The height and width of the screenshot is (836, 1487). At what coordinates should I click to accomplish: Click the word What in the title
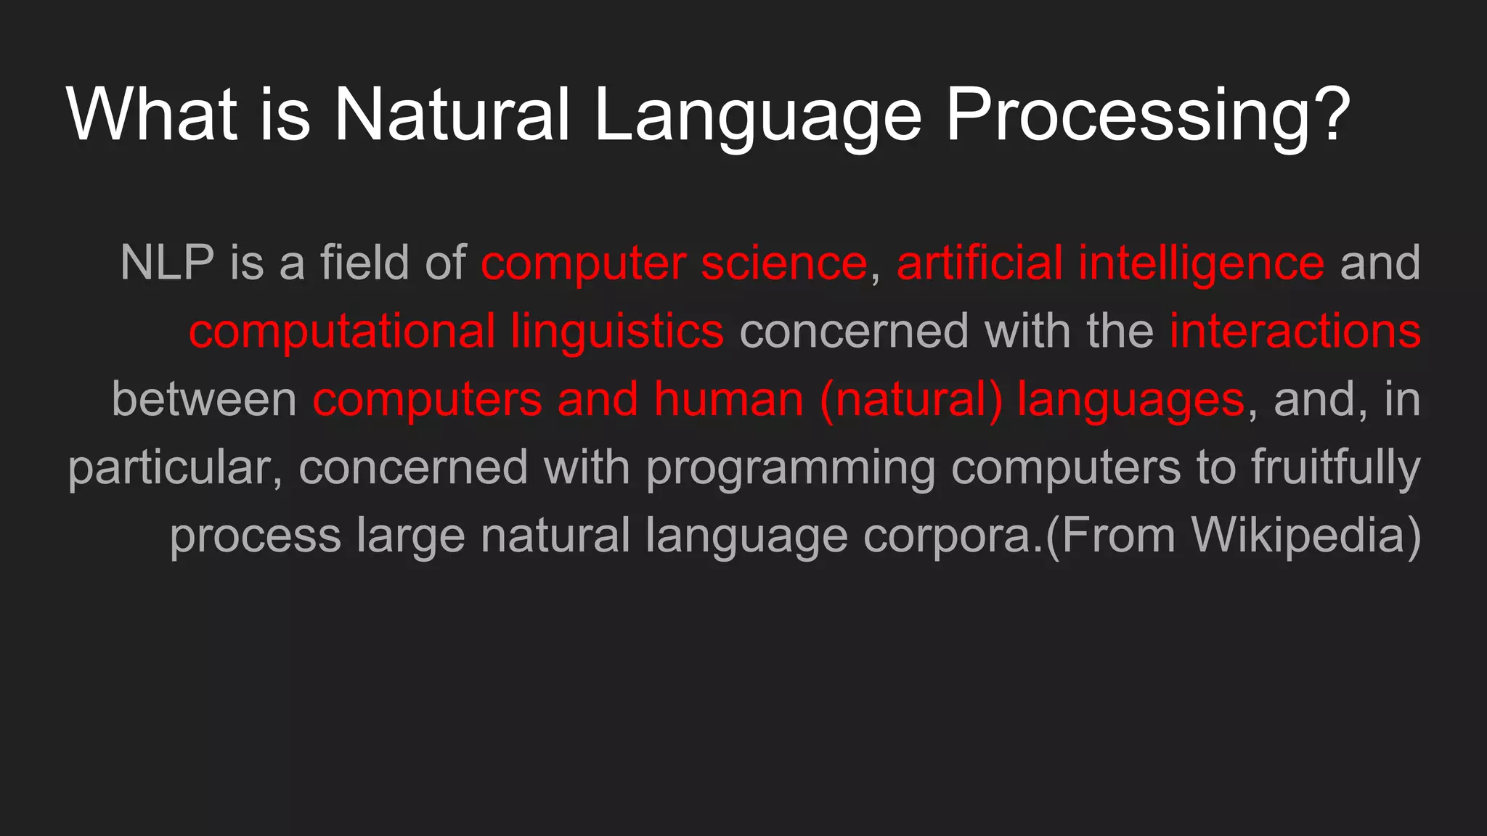[152, 114]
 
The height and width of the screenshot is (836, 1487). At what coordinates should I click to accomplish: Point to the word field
[364, 263]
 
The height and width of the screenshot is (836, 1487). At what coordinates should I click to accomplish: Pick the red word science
[784, 263]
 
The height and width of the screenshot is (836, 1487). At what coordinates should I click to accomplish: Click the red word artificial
[979, 263]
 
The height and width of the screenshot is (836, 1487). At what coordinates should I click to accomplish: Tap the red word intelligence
[1201, 263]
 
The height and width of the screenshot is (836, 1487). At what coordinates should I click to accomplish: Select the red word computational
[342, 331]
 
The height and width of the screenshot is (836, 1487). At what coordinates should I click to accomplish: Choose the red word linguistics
[616, 331]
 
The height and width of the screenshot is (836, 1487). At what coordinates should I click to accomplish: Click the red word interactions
[1295, 331]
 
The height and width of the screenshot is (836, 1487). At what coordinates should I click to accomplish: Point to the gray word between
[204, 399]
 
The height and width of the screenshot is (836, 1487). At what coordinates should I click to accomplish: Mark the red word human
[728, 399]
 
